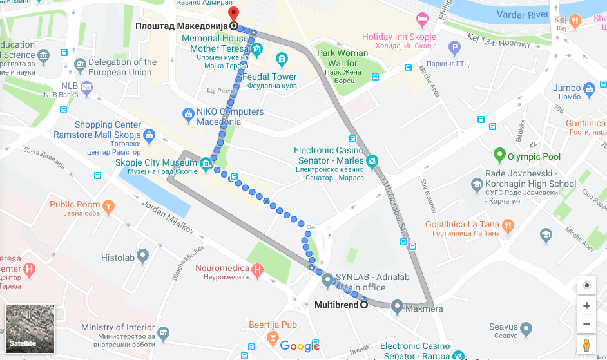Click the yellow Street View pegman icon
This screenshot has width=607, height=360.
click(586, 345)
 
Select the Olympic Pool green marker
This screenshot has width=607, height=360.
click(499, 155)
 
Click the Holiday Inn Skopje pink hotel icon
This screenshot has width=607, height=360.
click(423, 19)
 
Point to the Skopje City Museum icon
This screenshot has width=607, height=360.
click(206, 164)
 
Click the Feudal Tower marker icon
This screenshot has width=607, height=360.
click(281, 61)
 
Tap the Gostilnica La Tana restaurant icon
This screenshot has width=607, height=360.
click(508, 225)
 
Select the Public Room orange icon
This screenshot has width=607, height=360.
click(109, 206)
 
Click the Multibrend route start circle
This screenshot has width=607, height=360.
click(364, 305)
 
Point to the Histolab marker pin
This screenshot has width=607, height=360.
click(142, 256)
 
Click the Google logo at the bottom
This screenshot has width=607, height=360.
click(300, 346)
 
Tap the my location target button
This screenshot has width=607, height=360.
click(586, 285)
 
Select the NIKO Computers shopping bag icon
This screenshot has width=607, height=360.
click(188, 115)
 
